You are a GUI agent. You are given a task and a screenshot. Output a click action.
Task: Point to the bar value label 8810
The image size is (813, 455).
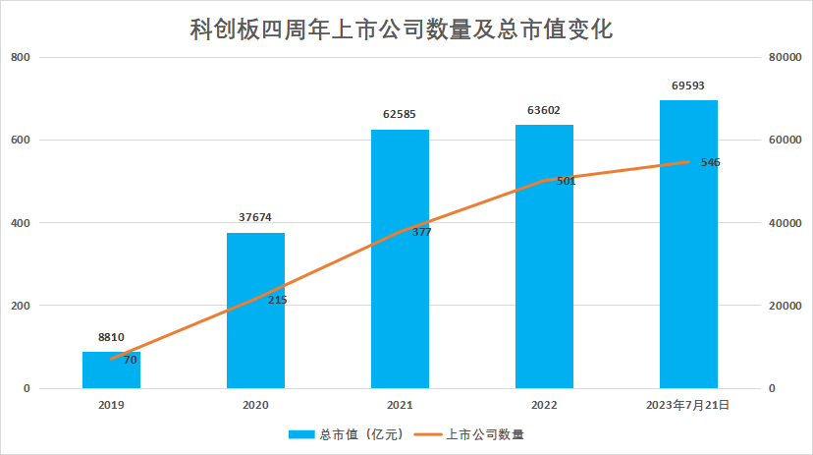tap(111, 337)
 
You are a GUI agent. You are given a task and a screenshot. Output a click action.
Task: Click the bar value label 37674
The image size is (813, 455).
tap(255, 217)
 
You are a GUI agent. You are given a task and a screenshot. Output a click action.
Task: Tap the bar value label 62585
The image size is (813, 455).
tap(400, 114)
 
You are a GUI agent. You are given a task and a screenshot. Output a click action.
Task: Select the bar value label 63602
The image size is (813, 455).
tap(544, 110)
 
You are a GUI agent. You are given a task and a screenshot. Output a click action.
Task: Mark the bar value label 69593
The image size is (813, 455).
tap(688, 85)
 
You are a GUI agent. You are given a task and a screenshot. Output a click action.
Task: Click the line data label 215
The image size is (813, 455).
tap(277, 300)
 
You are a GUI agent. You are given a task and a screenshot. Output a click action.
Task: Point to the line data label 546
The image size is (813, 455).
tap(711, 162)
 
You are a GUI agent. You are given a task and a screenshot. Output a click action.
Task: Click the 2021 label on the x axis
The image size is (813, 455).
tap(400, 404)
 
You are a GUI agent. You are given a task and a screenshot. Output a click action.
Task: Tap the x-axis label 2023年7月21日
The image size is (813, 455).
tap(688, 404)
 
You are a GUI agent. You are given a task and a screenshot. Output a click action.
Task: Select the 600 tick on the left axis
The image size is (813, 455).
tap(21, 141)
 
